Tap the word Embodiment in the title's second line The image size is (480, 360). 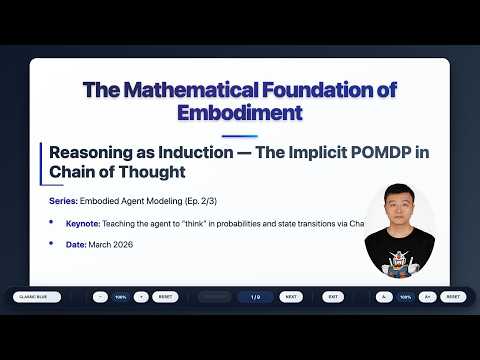tap(239, 112)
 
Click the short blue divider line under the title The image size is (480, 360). tap(239, 136)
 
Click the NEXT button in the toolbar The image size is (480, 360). tap(289, 297)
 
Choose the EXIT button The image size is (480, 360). tap(333, 297)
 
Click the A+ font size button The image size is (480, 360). tap(427, 297)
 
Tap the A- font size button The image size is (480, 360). tap(385, 297)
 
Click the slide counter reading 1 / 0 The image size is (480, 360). tap(255, 297)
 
